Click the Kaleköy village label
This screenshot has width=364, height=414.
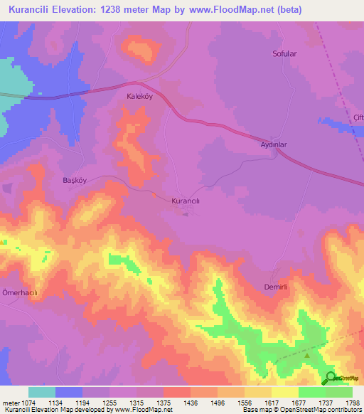pos(140,95)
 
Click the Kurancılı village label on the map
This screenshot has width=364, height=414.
pos(191,201)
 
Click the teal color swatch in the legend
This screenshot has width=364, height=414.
pos(42,392)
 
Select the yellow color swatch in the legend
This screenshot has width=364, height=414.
pos(285,392)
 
